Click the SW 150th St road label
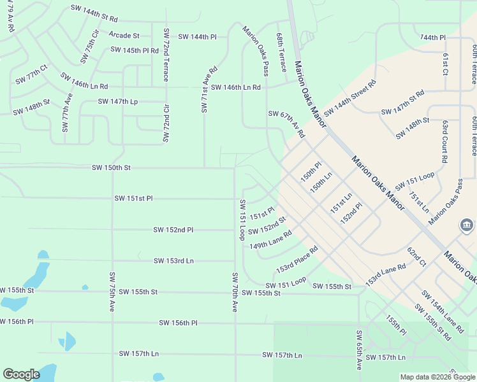tap(111, 167)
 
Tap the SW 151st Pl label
tap(133, 198)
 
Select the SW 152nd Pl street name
tap(173, 229)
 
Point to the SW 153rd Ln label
tap(173, 260)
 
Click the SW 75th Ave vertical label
tap(112, 292)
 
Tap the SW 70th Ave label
tap(235, 292)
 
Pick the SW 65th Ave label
tap(359, 351)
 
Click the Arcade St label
tap(124, 35)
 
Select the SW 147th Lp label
tap(117, 101)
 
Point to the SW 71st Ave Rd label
tap(209, 89)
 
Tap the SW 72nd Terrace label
tap(166, 55)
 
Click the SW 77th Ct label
tap(32, 74)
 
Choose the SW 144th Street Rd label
tap(350, 98)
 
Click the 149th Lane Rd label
tap(270, 241)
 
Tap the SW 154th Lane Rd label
tap(442, 311)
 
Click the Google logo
tap(21, 374)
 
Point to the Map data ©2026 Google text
tap(437, 377)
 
